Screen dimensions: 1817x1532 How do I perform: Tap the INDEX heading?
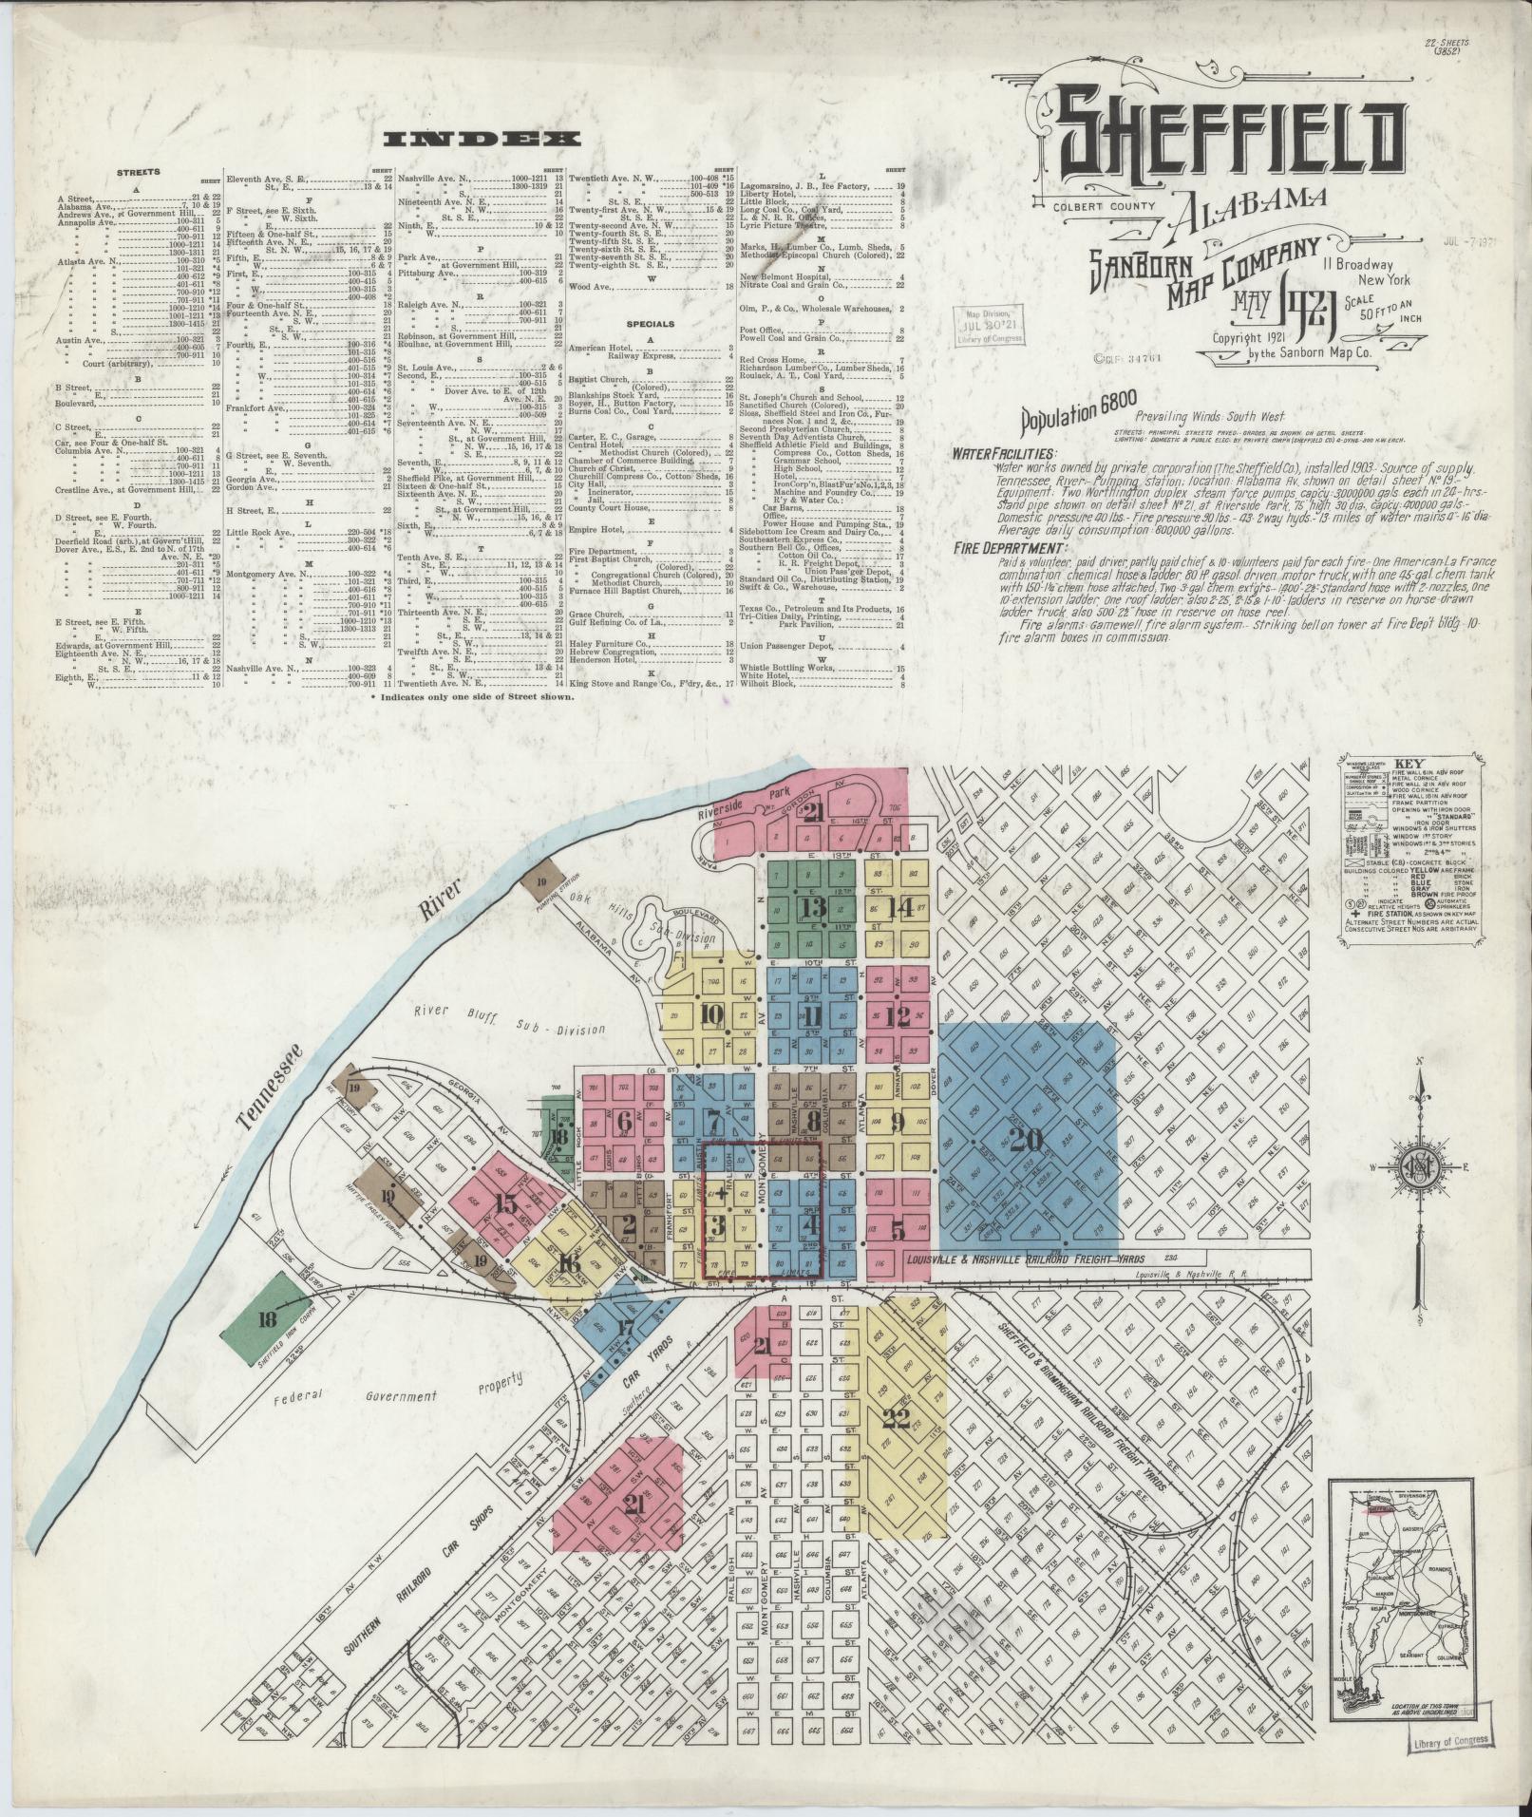482,139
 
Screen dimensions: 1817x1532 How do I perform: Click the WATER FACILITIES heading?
1006,453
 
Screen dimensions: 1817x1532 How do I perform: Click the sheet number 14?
898,906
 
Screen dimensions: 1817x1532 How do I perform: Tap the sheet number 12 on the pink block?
897,1017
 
